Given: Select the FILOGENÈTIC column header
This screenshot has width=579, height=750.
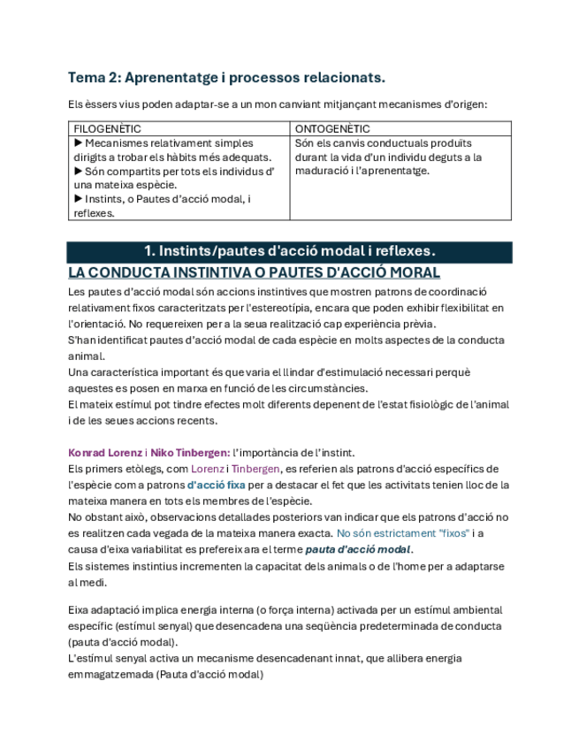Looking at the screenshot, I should (106, 129).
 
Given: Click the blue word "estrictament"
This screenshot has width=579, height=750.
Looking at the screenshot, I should (396, 533).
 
